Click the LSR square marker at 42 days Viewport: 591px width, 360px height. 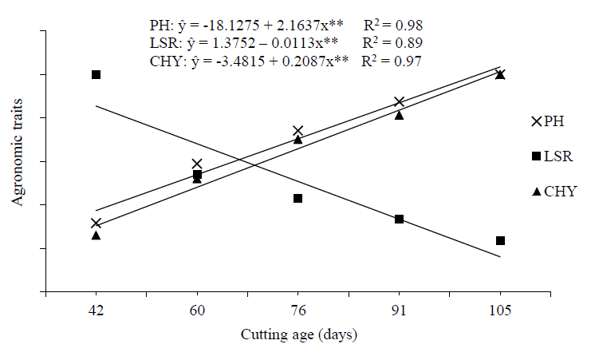pyautogui.click(x=96, y=74)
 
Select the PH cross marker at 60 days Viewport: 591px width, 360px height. pyautogui.click(x=197, y=164)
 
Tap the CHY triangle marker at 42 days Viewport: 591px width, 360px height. pyautogui.click(x=96, y=235)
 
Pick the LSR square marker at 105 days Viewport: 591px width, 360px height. pyautogui.click(x=500, y=240)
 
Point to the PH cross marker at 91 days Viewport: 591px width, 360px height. pyautogui.click(x=399, y=102)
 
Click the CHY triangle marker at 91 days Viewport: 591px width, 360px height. pyautogui.click(x=399, y=115)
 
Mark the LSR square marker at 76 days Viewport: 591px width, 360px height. pyautogui.click(x=297, y=198)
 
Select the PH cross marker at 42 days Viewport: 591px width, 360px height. pyautogui.click(x=96, y=224)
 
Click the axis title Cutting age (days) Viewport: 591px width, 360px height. pyautogui.click(x=298, y=334)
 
